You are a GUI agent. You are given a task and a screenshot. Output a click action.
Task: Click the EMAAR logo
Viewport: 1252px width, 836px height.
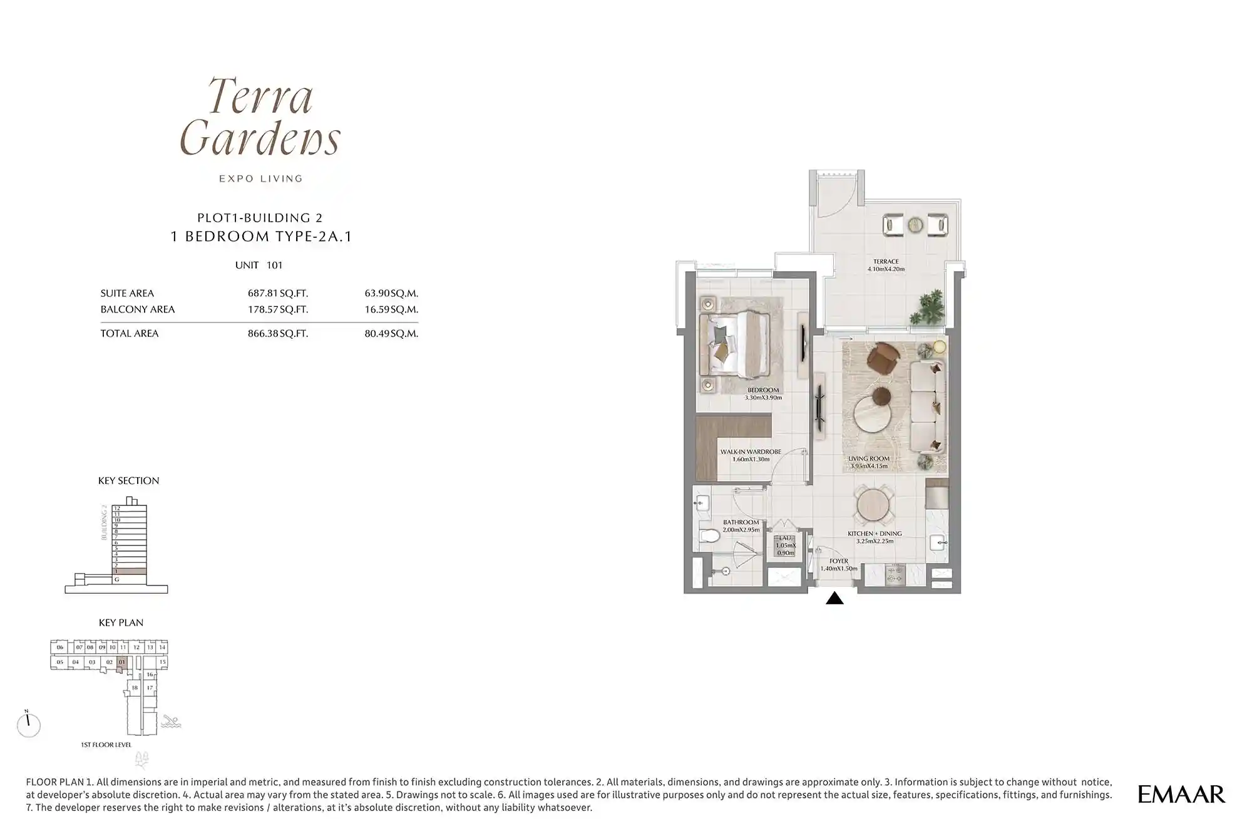click(x=1181, y=794)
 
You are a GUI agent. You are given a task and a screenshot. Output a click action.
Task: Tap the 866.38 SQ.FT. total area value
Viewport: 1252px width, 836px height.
click(x=278, y=334)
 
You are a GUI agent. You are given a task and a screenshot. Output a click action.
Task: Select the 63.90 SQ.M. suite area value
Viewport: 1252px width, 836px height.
click(x=391, y=293)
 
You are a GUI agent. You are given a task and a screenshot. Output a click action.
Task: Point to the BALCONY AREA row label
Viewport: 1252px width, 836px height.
click(x=138, y=309)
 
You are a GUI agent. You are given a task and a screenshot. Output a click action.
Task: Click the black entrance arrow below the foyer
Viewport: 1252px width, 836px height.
click(x=834, y=599)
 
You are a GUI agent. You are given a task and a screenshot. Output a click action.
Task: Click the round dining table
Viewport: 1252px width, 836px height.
click(x=875, y=505)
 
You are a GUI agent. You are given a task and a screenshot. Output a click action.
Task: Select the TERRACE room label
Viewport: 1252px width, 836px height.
click(x=886, y=262)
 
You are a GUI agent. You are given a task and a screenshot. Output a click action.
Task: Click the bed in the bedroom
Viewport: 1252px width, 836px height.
click(x=736, y=345)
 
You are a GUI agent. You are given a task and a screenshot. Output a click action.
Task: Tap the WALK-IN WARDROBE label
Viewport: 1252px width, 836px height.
click(x=751, y=452)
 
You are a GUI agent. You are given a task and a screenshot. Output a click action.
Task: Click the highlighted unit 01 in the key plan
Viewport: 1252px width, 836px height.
click(x=122, y=662)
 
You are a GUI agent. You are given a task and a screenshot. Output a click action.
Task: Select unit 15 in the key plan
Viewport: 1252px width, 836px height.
click(x=162, y=662)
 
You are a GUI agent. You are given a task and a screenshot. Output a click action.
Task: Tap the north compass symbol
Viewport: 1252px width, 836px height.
click(x=28, y=725)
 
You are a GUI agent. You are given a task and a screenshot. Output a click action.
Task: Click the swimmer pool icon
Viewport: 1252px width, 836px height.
click(x=170, y=722)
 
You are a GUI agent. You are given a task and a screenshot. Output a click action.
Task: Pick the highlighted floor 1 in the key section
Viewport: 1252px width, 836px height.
click(x=130, y=571)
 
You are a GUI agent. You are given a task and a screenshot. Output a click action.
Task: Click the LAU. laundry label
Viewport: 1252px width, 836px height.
click(x=785, y=539)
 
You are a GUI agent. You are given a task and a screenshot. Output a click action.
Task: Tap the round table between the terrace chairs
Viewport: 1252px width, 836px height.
click(x=915, y=224)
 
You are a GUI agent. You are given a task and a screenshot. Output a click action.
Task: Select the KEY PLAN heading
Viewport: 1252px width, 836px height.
click(x=121, y=622)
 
